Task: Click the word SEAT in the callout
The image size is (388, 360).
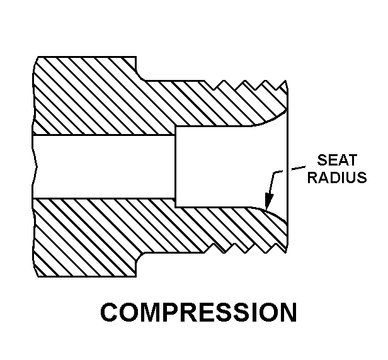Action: (337, 160)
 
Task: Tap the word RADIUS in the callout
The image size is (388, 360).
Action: (337, 177)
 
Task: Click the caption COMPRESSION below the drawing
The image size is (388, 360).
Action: (198, 312)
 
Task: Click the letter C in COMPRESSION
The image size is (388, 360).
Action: (110, 312)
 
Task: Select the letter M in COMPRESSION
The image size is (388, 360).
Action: (151, 312)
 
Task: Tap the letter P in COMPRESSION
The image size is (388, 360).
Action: (174, 312)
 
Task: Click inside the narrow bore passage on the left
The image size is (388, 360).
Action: (104, 166)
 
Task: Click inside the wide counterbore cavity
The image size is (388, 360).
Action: (230, 166)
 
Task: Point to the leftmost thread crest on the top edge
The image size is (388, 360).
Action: (224, 81)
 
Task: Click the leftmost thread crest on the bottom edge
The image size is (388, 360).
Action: (224, 252)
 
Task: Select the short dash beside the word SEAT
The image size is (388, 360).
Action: (298, 168)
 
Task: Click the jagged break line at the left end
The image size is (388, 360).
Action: (35, 166)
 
